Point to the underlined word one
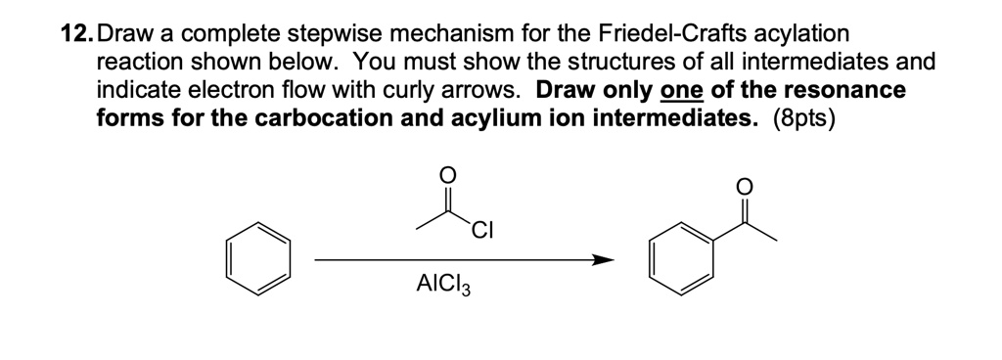click(x=679, y=91)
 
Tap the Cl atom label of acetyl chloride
click(x=480, y=232)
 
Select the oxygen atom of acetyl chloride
click(x=447, y=174)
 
